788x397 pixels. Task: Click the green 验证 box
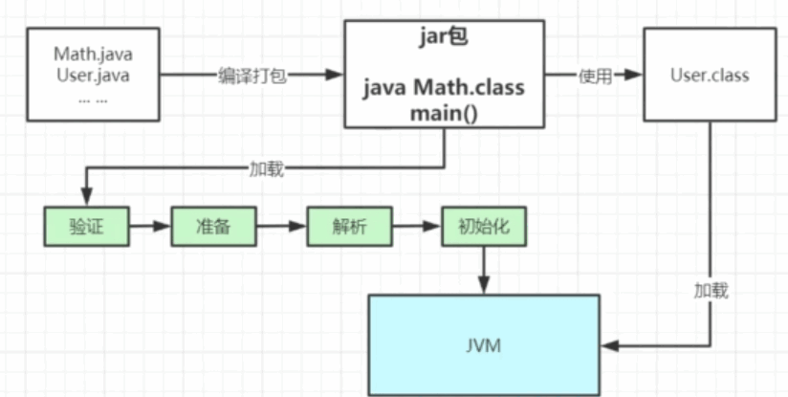click(86, 228)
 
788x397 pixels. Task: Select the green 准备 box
click(213, 228)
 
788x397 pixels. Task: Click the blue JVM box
click(484, 344)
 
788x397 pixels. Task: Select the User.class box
click(708, 75)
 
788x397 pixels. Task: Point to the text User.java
click(92, 75)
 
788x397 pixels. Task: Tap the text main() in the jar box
click(445, 112)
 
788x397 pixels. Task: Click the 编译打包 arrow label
click(251, 76)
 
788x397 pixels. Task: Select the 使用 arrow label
click(595, 76)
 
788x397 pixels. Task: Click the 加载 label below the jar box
click(265, 169)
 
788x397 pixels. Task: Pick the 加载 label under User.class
click(711, 291)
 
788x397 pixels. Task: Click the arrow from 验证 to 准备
click(149, 228)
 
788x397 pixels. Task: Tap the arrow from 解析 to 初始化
click(417, 228)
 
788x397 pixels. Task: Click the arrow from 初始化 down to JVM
click(485, 270)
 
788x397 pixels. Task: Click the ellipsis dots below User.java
click(92, 99)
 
